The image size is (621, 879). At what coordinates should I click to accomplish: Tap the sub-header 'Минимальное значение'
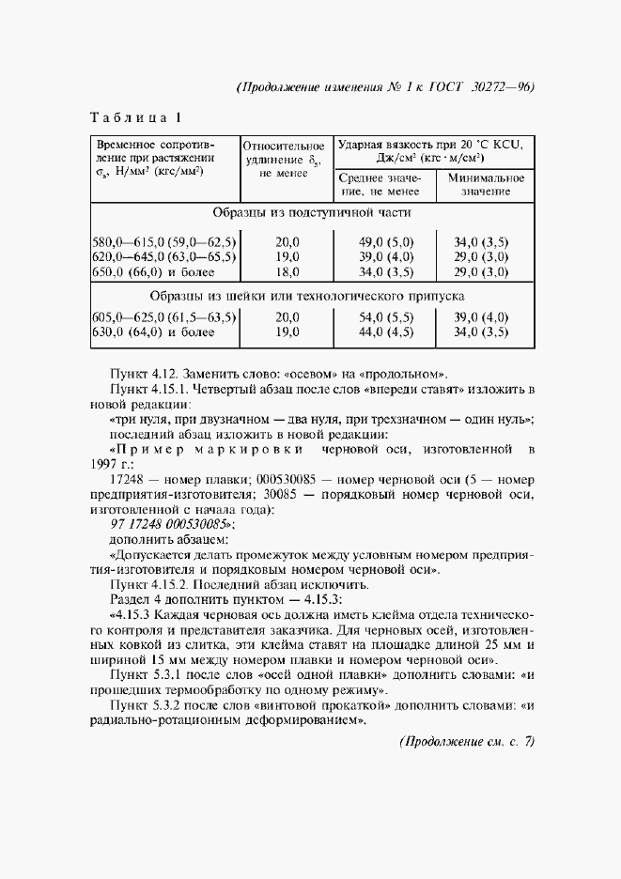pyautogui.click(x=485, y=184)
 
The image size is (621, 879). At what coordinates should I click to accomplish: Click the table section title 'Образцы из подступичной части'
pyautogui.click(x=312, y=213)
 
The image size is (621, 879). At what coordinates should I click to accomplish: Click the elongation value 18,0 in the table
pyautogui.click(x=287, y=273)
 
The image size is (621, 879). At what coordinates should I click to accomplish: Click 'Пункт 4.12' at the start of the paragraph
pyautogui.click(x=144, y=371)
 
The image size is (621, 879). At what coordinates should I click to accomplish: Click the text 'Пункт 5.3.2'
pyautogui.click(x=146, y=705)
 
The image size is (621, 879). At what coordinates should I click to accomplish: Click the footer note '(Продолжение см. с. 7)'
pyautogui.click(x=466, y=742)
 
